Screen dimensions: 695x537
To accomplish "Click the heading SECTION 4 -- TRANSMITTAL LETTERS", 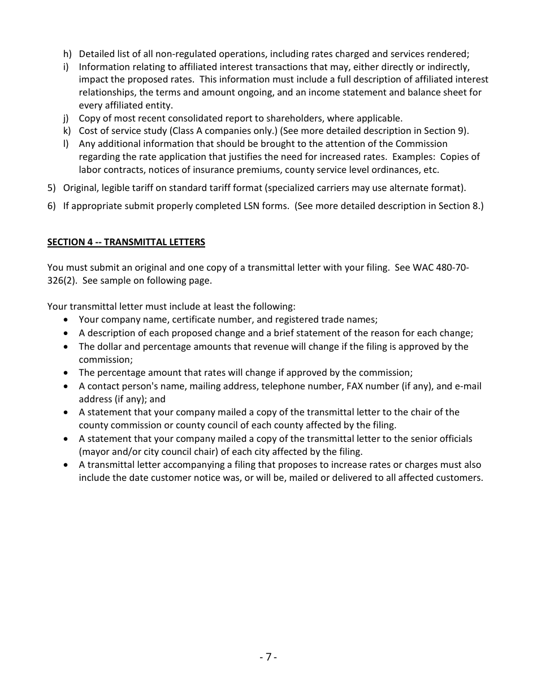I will (126, 242).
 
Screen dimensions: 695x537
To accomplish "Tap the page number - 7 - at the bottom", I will (268, 657).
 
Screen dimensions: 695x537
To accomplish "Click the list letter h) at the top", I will (67, 54).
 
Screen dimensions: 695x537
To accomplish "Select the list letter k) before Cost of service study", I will (67, 131).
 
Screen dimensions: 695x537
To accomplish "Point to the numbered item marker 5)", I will (51, 188).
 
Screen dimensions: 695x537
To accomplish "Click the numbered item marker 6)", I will (51, 206).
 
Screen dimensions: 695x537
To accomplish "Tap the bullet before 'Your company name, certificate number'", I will (67, 320).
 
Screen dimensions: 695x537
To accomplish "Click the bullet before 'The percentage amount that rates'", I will (67, 373).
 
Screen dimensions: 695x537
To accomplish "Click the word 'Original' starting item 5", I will (81, 188).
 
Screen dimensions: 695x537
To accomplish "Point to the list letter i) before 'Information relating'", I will (66, 67).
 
